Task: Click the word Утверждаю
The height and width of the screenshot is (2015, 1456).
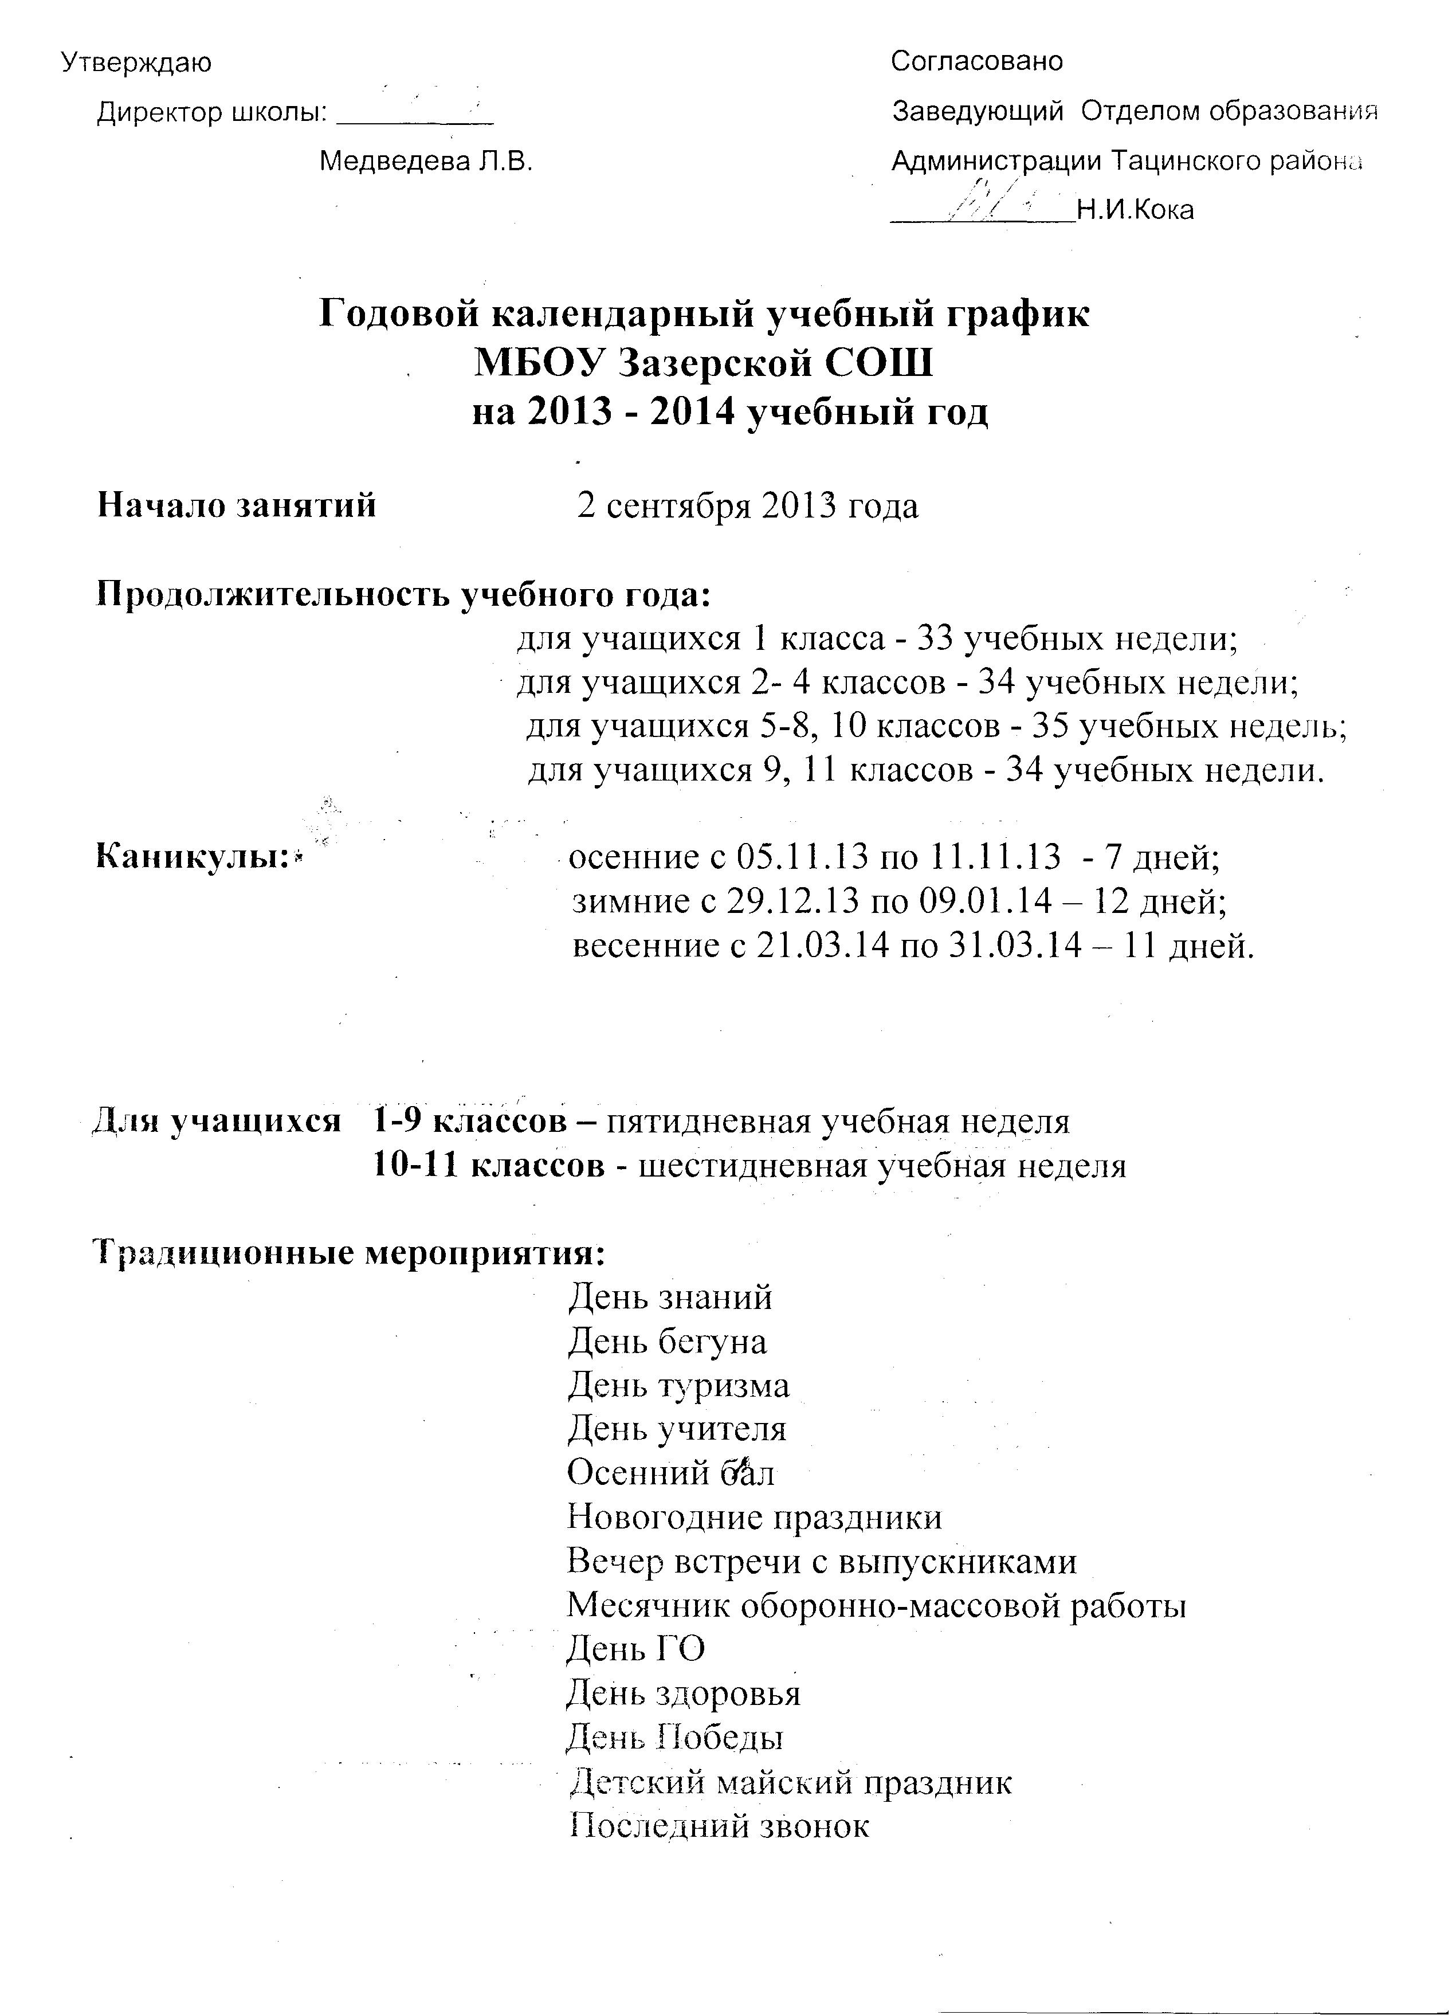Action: coord(136,63)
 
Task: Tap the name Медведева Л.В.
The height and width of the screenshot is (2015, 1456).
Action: coord(426,162)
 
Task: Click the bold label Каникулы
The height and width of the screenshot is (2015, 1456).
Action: coord(195,857)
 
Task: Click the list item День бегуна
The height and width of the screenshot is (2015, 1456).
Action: coord(667,1342)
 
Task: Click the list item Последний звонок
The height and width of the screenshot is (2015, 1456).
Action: coord(718,1825)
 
